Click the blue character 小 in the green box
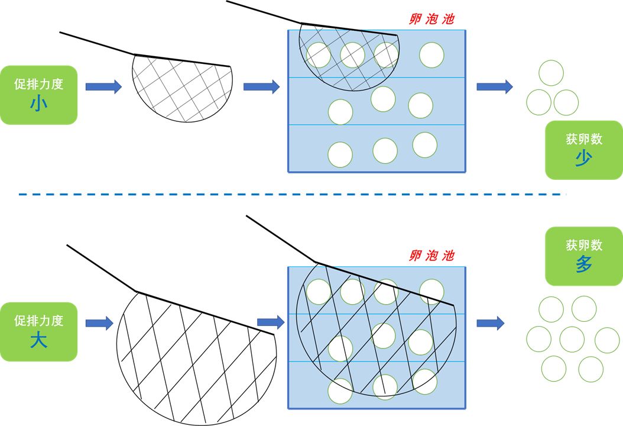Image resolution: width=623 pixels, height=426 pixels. coord(38,105)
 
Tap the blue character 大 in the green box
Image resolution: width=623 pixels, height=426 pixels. coord(38,341)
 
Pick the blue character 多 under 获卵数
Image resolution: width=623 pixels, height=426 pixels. coord(583,264)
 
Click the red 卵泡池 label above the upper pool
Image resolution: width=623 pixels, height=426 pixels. coord(431,19)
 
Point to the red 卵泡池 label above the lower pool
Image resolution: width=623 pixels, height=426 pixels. coord(431,256)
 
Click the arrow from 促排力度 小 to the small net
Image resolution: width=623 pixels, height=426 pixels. coord(103,87)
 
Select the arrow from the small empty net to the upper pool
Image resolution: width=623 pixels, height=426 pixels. coord(261,87)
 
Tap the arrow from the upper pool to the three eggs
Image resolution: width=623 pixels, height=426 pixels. coord(494,87)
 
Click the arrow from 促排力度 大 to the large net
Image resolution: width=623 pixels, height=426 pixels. coord(99,323)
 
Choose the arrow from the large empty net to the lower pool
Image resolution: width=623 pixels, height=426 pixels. coord(271,322)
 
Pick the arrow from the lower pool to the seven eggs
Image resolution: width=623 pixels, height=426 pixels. coord(490,323)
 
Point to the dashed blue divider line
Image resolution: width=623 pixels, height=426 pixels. coord(293,194)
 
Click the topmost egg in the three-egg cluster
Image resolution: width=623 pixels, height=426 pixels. coord(551,73)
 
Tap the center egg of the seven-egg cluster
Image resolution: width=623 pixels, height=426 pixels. coord(572,340)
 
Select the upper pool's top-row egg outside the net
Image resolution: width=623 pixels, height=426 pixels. coord(431,55)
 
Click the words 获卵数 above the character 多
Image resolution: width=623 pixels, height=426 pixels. coord(583,245)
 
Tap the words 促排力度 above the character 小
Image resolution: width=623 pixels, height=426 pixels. coord(38,84)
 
